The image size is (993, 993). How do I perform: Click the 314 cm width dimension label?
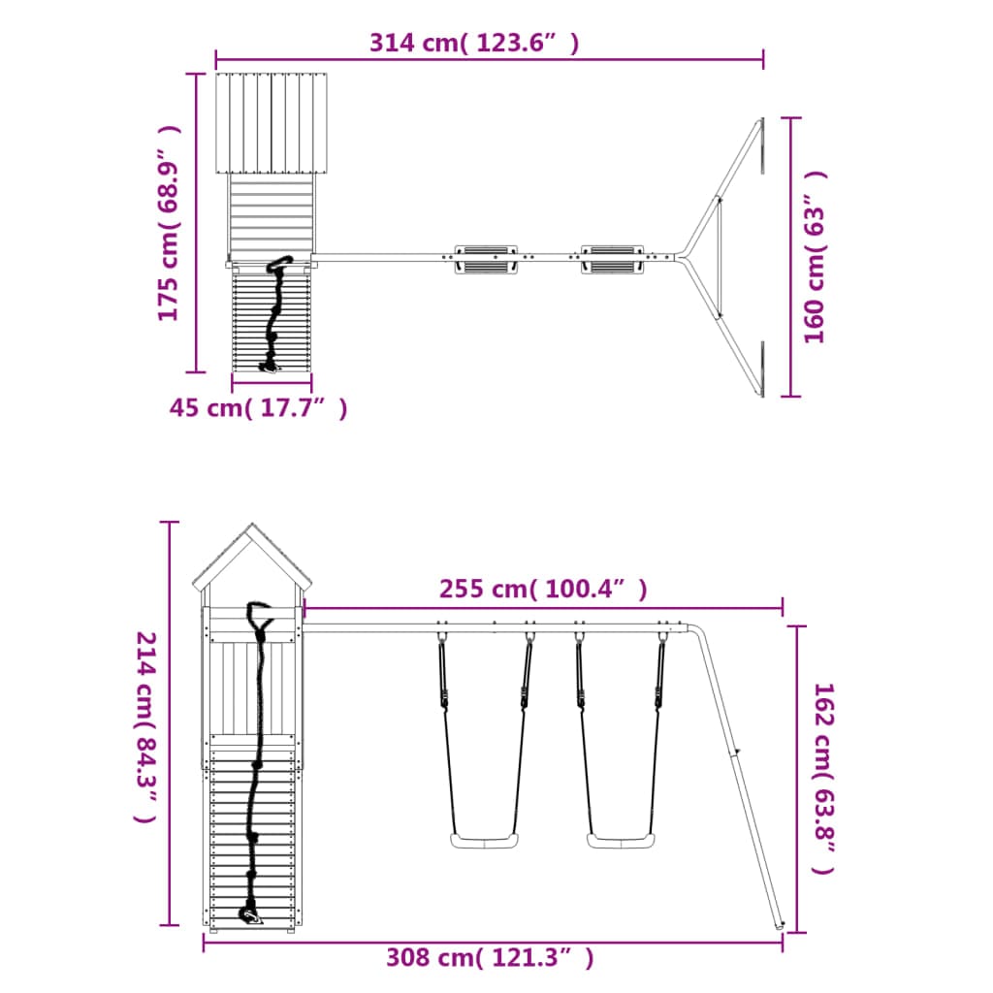coord(473,43)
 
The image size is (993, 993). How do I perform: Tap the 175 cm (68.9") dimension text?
coord(169,223)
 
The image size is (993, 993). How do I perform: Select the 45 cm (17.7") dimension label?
coord(258,408)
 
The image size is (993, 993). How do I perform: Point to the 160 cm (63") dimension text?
coord(815,257)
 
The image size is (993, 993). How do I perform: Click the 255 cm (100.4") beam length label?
coord(543,589)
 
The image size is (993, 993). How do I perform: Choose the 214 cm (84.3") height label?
coord(146,727)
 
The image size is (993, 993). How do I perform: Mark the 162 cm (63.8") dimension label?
coord(824,779)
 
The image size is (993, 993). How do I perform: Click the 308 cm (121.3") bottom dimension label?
coord(490,957)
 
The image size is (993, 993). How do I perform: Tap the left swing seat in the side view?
coord(485,841)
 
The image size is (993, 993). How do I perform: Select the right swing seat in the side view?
coord(621,841)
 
